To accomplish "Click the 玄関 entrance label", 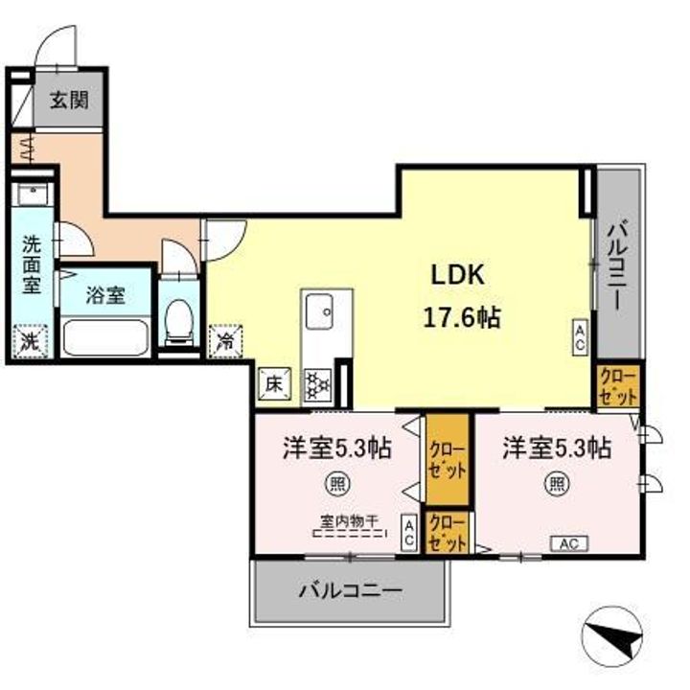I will pyautogui.click(x=70, y=100).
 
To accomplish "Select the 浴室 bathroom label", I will pyautogui.click(x=105, y=295).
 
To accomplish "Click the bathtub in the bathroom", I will pyautogui.click(x=104, y=338).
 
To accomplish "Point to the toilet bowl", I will pyautogui.click(x=178, y=322).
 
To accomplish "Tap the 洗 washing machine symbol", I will pyautogui.click(x=30, y=339).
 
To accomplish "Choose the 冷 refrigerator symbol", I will pyautogui.click(x=225, y=339).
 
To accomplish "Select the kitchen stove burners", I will pyautogui.click(x=317, y=384).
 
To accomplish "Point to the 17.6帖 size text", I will pyautogui.click(x=461, y=317).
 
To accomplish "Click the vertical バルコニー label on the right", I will pyautogui.click(x=618, y=263).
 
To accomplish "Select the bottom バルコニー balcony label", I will pyautogui.click(x=349, y=589).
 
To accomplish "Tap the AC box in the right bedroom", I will pyautogui.click(x=569, y=543).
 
